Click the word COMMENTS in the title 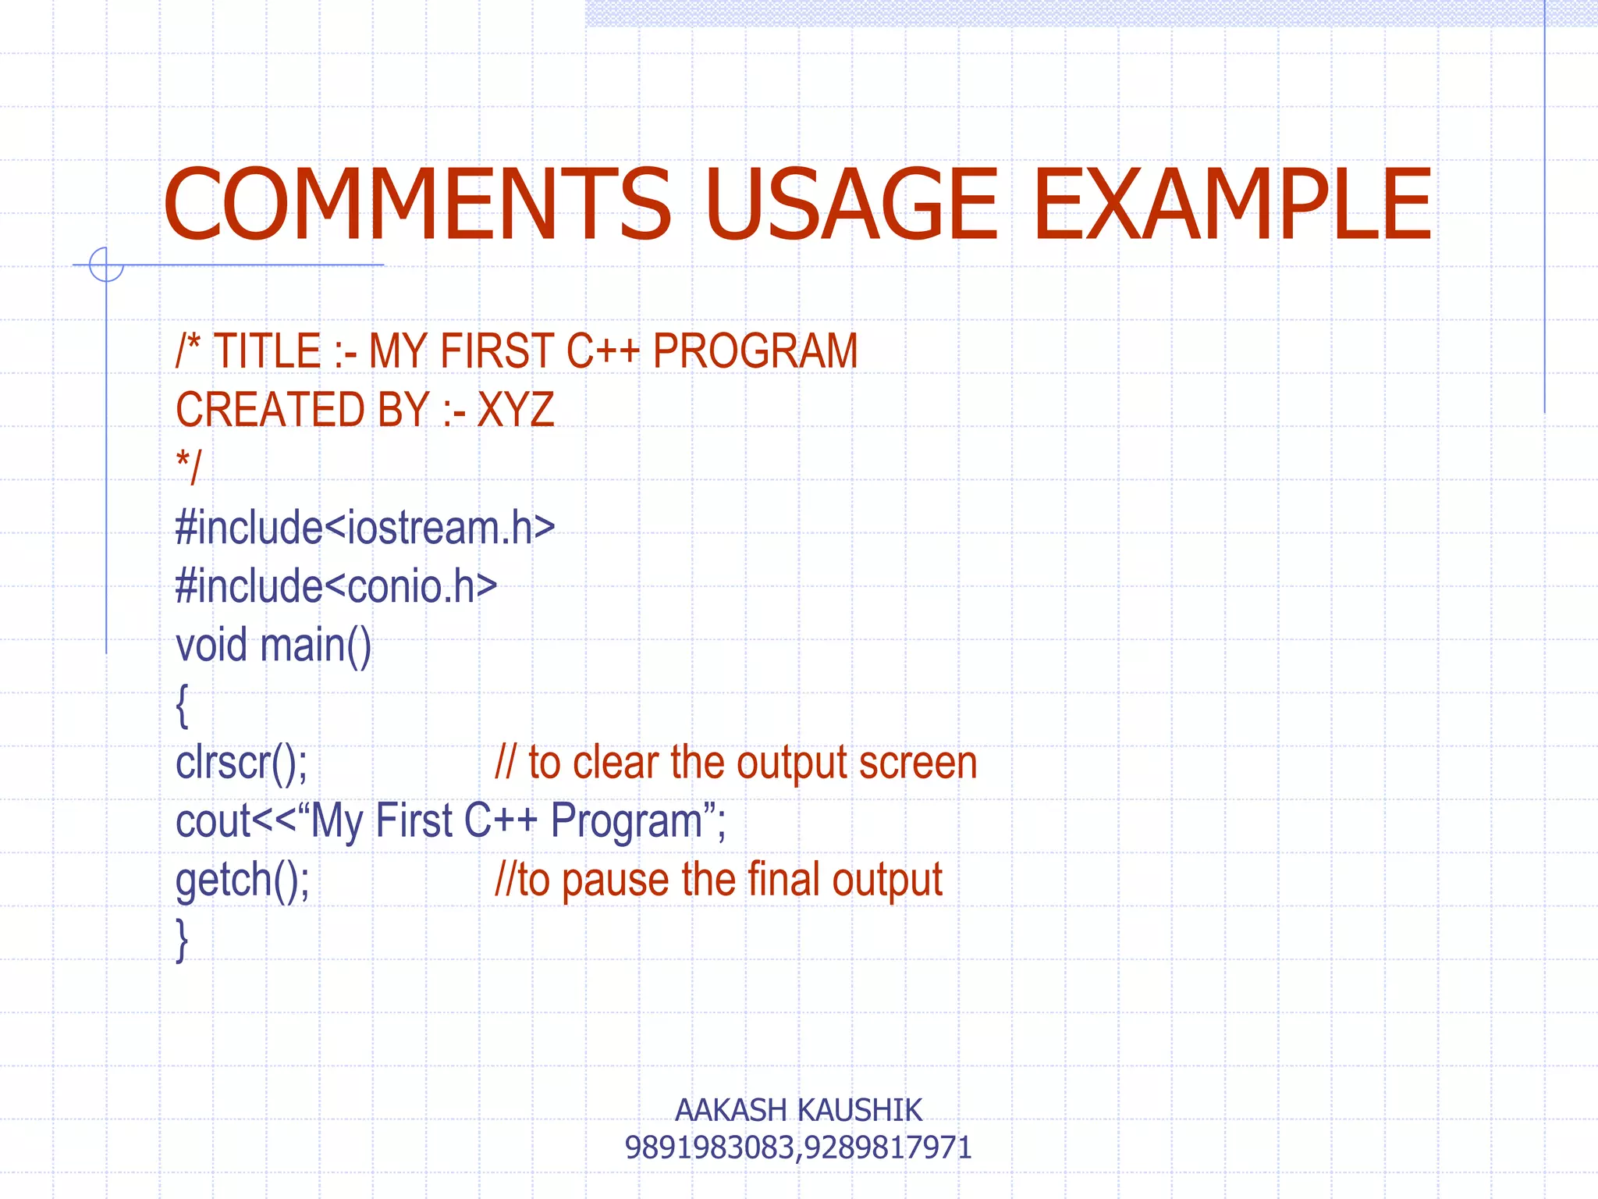point(417,205)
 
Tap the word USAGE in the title point(850,205)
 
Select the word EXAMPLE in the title point(1233,205)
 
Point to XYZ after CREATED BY point(515,409)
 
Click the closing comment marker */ point(188,468)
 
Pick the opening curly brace point(182,705)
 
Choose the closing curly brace point(182,940)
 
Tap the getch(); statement point(243,880)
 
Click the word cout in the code point(213,821)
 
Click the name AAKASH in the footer point(730,1110)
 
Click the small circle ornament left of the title point(106,264)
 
